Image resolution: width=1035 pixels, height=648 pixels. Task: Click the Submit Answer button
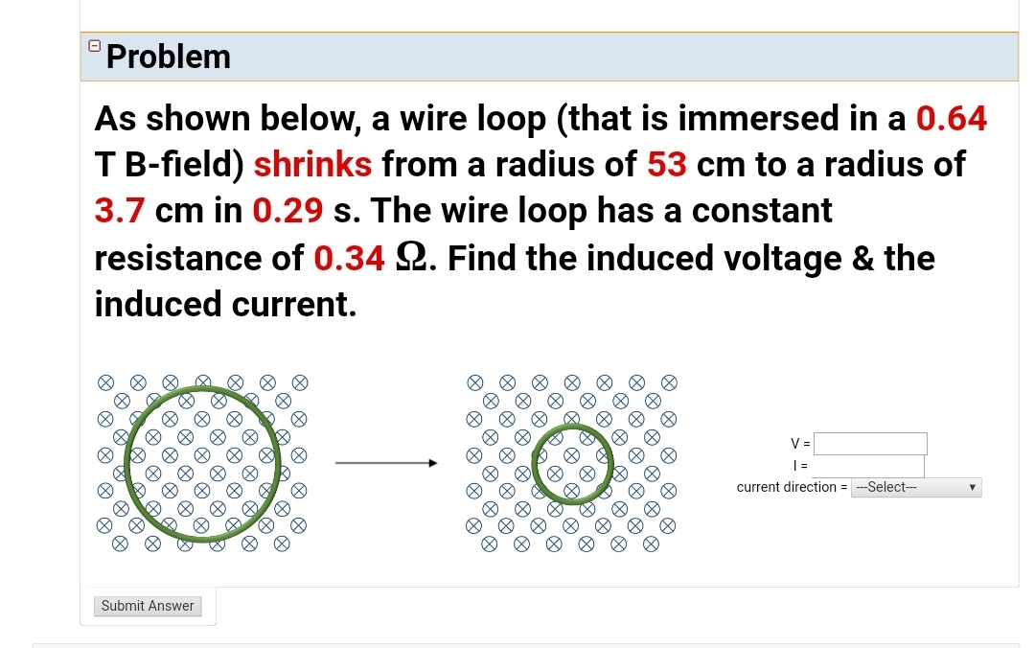click(x=148, y=606)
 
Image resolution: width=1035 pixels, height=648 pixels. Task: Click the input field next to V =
click(x=870, y=444)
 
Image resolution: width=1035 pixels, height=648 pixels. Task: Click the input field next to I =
click(x=868, y=466)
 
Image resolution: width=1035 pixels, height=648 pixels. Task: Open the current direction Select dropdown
click(x=916, y=487)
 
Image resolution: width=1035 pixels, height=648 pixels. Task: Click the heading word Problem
click(x=169, y=57)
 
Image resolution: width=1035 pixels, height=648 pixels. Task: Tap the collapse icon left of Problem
click(x=94, y=45)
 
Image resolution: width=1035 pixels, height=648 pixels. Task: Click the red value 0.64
click(x=952, y=118)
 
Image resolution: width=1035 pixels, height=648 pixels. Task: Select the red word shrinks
click(x=312, y=165)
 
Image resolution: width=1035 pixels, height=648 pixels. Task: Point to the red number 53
click(x=667, y=165)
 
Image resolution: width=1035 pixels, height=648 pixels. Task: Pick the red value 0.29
click(x=287, y=211)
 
